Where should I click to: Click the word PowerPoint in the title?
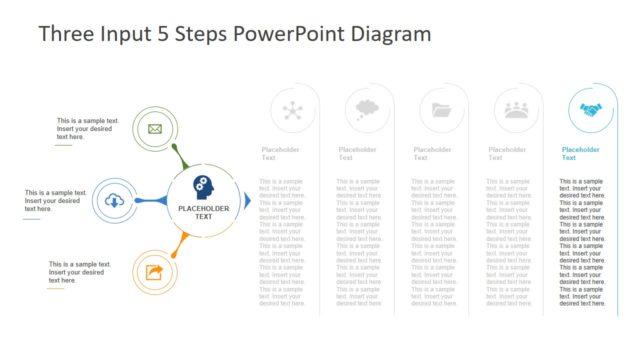click(289, 34)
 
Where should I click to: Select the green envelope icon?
click(154, 129)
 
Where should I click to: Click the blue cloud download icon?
click(115, 202)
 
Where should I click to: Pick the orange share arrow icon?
click(154, 272)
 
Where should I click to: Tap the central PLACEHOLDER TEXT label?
click(203, 213)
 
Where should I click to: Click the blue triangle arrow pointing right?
click(247, 201)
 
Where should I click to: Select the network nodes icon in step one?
click(293, 110)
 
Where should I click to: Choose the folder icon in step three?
click(441, 110)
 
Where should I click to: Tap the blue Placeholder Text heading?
click(580, 154)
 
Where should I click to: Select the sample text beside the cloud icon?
click(52, 200)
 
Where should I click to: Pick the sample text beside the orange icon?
click(80, 272)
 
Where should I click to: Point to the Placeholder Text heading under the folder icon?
click(432, 154)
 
